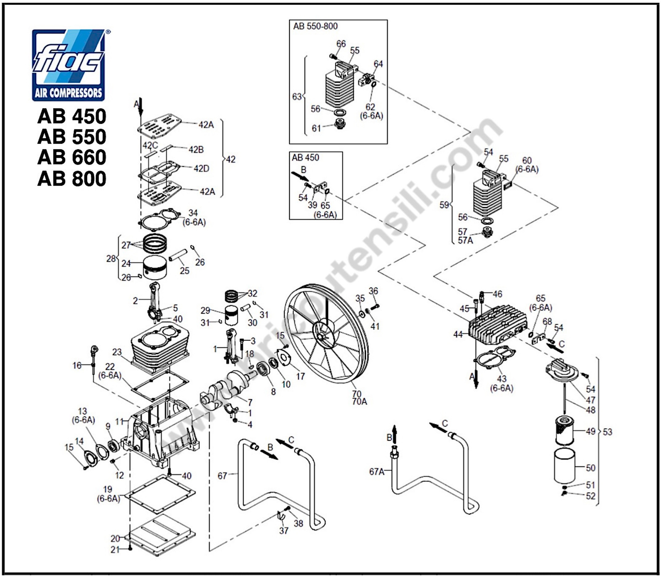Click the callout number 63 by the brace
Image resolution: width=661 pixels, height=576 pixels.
pyautogui.click(x=297, y=96)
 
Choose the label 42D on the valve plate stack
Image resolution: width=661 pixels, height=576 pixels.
pyautogui.click(x=201, y=168)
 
